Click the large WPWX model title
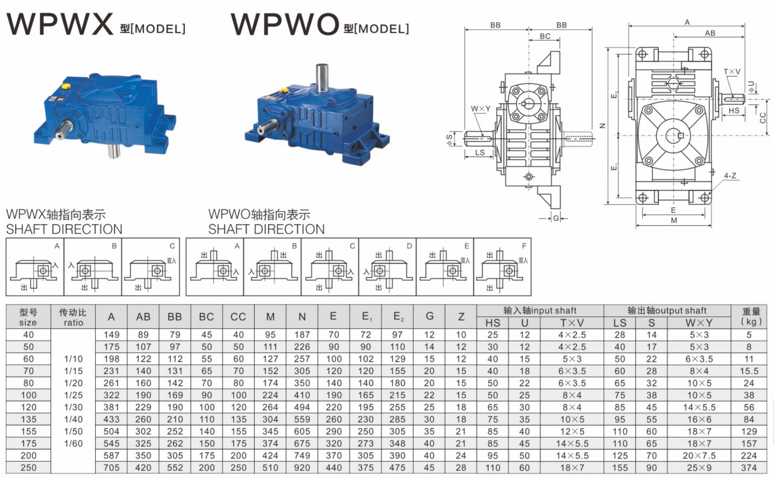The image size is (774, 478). coord(60,24)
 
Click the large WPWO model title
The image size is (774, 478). coord(285,24)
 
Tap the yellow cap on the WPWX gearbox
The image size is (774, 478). coord(65,85)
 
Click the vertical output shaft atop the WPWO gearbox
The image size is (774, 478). coord(322,78)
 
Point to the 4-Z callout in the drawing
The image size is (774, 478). coord(730,176)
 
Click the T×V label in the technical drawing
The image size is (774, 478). coord(732,72)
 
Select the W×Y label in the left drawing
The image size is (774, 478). coord(481,109)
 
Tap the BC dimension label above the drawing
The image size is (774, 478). coord(545,36)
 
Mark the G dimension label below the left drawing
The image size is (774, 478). coord(556,218)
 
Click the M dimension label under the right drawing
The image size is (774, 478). coord(674,220)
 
